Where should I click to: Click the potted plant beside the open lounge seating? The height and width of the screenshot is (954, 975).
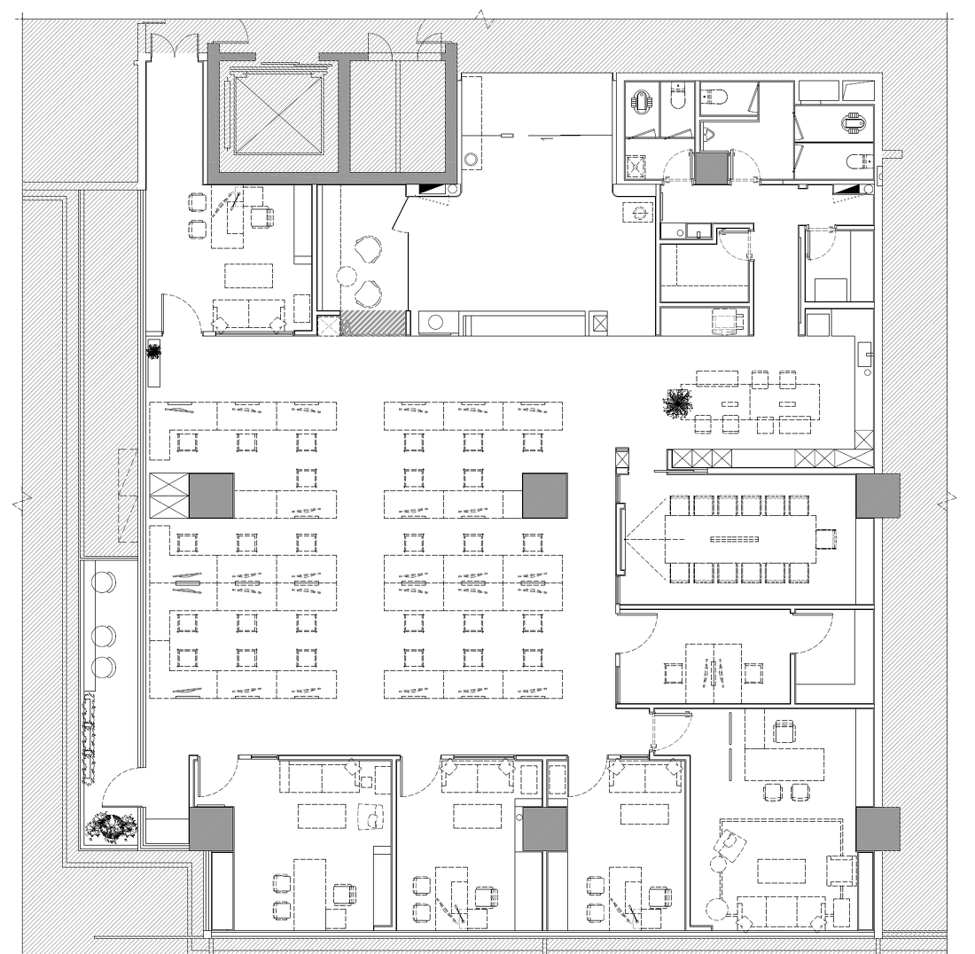pyautogui.click(x=678, y=403)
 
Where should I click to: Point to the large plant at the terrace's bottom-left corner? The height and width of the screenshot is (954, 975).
pyautogui.click(x=112, y=829)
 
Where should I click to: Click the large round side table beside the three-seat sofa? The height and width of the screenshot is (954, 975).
pyautogui.click(x=716, y=911)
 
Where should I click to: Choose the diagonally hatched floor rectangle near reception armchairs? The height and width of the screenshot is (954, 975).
pyautogui.click(x=372, y=324)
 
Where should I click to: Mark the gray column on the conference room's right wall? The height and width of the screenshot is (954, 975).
pyautogui.click(x=877, y=496)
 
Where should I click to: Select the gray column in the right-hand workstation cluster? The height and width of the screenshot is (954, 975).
pyautogui.click(x=544, y=496)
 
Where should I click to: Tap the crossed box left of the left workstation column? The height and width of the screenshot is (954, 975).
pyautogui.click(x=169, y=496)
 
